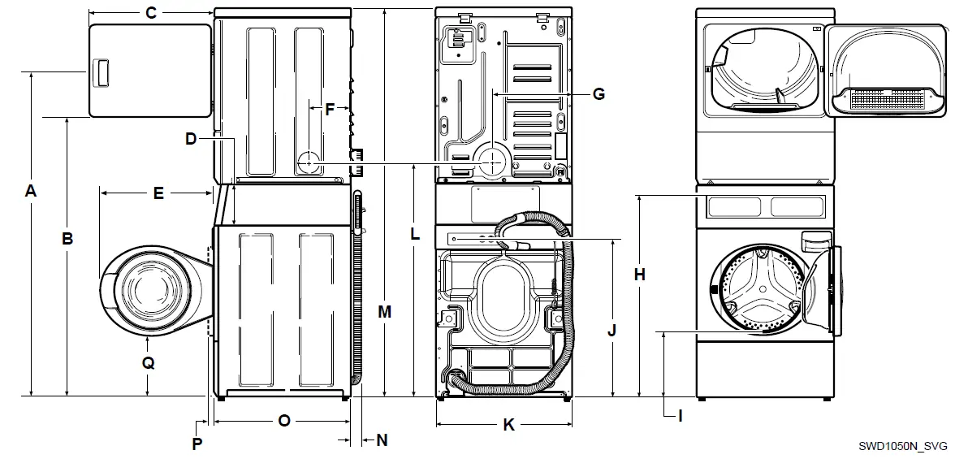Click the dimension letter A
(x=31, y=192)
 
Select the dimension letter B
(x=68, y=238)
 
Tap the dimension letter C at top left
(x=150, y=12)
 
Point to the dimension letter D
(x=191, y=139)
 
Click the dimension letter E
(x=158, y=193)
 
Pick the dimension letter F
(x=330, y=109)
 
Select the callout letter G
(x=599, y=94)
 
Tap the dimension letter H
(x=640, y=275)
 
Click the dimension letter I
(x=680, y=416)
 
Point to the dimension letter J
(x=612, y=330)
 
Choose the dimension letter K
(x=508, y=425)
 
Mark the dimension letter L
(x=415, y=234)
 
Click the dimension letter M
(x=385, y=311)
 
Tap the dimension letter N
(x=381, y=440)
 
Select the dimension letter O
(x=283, y=420)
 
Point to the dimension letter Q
(x=148, y=363)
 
